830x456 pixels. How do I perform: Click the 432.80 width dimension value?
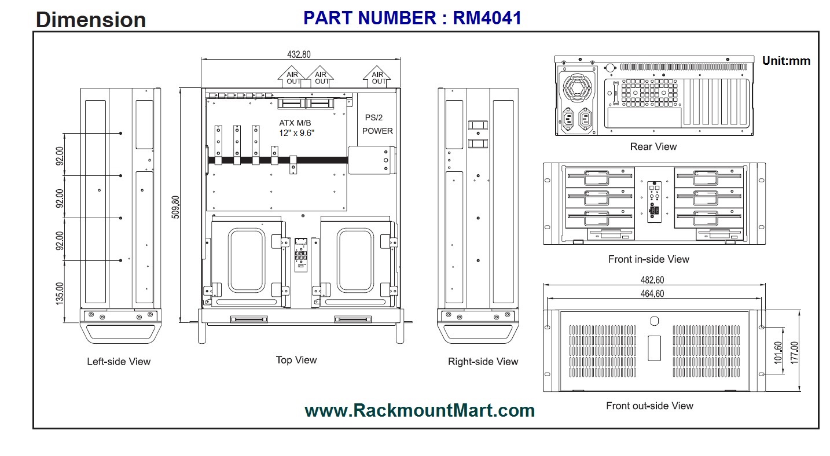pos(299,54)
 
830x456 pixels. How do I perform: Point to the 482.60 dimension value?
pos(652,279)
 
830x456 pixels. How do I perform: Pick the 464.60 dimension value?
pos(652,293)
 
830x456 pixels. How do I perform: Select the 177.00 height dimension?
pos(794,351)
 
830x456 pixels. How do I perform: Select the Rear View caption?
pos(653,147)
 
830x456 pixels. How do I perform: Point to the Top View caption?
pos(296,360)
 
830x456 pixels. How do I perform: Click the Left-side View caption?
pos(119,362)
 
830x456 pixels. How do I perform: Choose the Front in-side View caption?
pos(648,259)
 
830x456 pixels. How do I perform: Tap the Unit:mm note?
pos(786,61)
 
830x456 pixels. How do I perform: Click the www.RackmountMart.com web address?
pos(419,411)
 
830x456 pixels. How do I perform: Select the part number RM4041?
pos(412,18)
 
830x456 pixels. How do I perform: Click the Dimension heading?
pos(91,20)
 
